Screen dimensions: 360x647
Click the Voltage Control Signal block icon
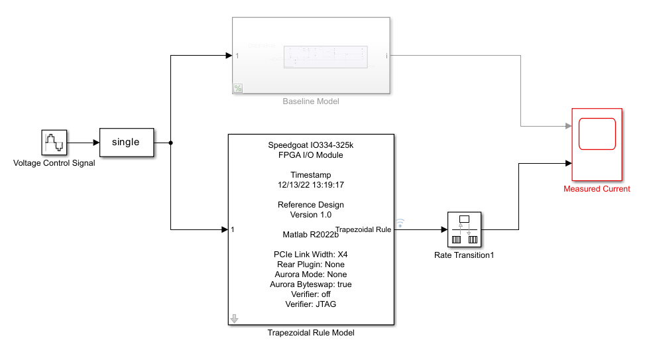coord(54,143)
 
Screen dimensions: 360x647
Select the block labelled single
coord(126,142)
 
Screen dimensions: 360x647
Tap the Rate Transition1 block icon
coord(464,230)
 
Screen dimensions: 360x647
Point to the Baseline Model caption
coord(311,101)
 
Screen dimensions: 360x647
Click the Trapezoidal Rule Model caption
coord(311,333)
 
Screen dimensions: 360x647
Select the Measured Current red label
coord(597,189)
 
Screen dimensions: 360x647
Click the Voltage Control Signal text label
coord(54,163)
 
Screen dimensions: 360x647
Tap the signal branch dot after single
coord(172,143)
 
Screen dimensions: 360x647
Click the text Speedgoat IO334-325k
coord(311,145)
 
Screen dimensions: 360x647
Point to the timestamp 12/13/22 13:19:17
coord(311,185)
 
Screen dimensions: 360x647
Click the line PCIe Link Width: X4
coord(311,255)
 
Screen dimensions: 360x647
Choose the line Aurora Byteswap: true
coord(311,284)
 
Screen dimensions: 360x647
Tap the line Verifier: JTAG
coord(311,304)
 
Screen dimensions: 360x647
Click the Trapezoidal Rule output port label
coord(363,229)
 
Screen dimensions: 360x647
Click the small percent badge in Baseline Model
coord(238,88)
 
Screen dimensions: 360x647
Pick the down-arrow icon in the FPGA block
coord(234,319)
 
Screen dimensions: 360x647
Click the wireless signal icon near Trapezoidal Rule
coord(400,223)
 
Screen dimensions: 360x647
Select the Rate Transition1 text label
coord(464,255)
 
